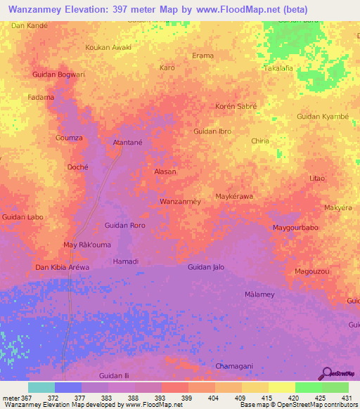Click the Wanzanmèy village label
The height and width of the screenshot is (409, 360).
[181, 202]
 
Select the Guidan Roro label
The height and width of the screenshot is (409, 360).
[124, 226]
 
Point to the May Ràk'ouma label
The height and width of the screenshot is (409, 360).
[87, 245]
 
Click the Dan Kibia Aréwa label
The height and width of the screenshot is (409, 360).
[63, 268]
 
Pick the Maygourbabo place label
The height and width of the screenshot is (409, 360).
[296, 228]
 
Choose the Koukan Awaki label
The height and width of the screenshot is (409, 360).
[108, 47]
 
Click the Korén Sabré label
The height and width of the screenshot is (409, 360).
[236, 106]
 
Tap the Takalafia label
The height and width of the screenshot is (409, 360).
[278, 68]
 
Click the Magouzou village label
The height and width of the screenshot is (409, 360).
[312, 271]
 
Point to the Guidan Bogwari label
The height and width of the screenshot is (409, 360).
[58, 74]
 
